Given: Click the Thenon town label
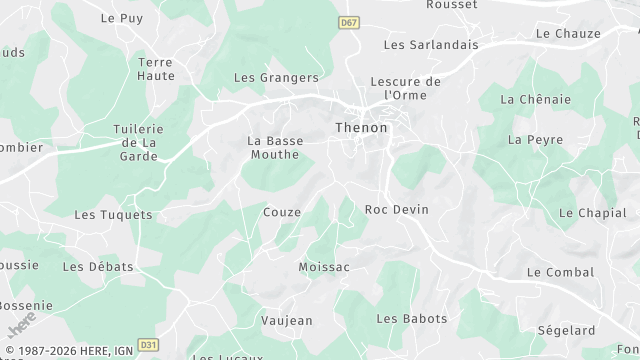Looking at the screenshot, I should pyautogui.click(x=361, y=128).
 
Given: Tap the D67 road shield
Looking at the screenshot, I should pyautogui.click(x=348, y=22).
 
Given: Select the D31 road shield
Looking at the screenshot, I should pyautogui.click(x=148, y=345).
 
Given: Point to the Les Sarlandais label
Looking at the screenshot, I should pyautogui.click(x=431, y=45).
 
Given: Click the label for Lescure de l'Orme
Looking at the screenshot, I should pyautogui.click(x=405, y=88).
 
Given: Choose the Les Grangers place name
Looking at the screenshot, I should pyautogui.click(x=276, y=77).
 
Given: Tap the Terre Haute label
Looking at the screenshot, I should pyautogui.click(x=156, y=68).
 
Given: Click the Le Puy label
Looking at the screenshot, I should pyautogui.click(x=123, y=18).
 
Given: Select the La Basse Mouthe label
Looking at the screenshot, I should pyautogui.click(x=275, y=148).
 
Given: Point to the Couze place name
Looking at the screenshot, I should pyautogui.click(x=282, y=212).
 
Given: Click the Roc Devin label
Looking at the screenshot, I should pyautogui.click(x=396, y=209).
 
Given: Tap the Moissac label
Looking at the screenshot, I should pyautogui.click(x=324, y=267).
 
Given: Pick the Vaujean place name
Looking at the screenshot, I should pyautogui.click(x=286, y=321).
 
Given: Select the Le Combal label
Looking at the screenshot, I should pyautogui.click(x=560, y=272).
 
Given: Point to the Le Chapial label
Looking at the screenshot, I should pyautogui.click(x=593, y=213).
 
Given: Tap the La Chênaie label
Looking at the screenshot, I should pyautogui.click(x=535, y=99).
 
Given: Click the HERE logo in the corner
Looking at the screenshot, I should pyautogui.click(x=21, y=324).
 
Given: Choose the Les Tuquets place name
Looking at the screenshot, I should pyautogui.click(x=113, y=215).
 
